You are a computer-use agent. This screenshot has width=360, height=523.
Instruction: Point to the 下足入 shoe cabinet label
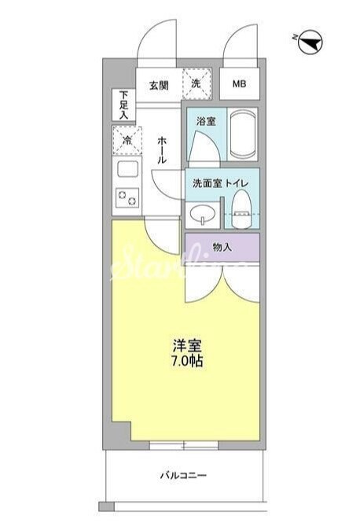pos(123,104)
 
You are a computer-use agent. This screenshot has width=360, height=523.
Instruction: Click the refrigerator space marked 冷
pos(127,140)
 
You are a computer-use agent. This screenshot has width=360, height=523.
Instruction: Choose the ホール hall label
pos(161,149)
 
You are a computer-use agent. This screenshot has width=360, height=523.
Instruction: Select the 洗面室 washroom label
pos(208,183)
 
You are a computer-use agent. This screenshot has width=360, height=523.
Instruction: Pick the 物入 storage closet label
pos(222,247)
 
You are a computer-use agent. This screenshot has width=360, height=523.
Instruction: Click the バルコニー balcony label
pos(182,476)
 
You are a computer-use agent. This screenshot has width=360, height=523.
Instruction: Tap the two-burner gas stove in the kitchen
pos(127,198)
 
